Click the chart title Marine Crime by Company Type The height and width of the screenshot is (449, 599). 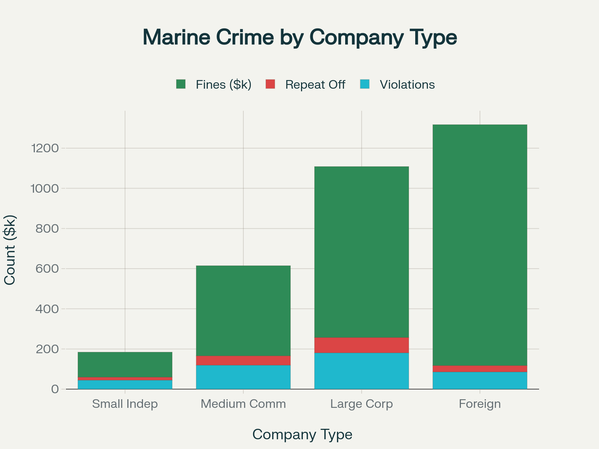pyautogui.click(x=299, y=37)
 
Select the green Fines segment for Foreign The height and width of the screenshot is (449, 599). pyautogui.click(x=480, y=245)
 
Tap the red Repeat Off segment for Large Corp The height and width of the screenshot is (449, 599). pyautogui.click(x=361, y=345)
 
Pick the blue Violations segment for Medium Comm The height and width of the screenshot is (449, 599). pyautogui.click(x=243, y=377)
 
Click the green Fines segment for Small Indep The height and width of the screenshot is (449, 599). pyautogui.click(x=125, y=364)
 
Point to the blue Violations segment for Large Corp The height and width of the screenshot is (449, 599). pyautogui.click(x=361, y=371)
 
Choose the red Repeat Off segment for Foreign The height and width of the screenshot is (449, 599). pyautogui.click(x=480, y=369)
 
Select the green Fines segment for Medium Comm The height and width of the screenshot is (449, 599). pyautogui.click(x=243, y=311)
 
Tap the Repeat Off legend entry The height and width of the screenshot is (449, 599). pyautogui.click(x=305, y=85)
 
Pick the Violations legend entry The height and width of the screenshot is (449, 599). pyautogui.click(x=398, y=85)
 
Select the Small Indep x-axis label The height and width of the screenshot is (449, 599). pyautogui.click(x=125, y=404)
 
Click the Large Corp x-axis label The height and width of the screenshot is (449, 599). pyautogui.click(x=361, y=404)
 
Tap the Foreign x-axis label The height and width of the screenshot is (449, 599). pyautogui.click(x=480, y=404)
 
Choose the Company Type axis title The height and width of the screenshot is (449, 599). pyautogui.click(x=302, y=434)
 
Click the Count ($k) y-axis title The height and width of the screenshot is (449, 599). pyautogui.click(x=10, y=250)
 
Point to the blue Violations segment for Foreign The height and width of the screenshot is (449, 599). pyautogui.click(x=480, y=380)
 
